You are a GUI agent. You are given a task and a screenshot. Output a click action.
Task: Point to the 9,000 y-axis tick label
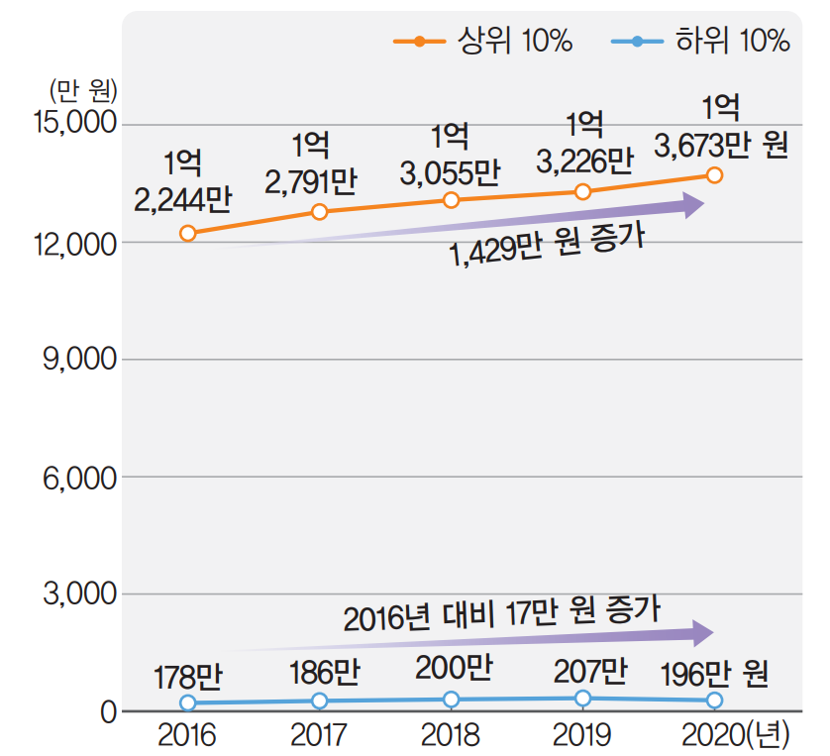coord(80,359)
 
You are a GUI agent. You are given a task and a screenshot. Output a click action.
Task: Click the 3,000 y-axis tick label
coord(80,594)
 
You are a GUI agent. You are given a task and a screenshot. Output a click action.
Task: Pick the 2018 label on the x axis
coord(451,736)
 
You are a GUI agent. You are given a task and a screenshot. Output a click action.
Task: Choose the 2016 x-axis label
coord(187,736)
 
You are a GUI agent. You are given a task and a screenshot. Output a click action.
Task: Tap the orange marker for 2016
coord(188,233)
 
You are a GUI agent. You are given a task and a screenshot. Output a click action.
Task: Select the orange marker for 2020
coord(714,175)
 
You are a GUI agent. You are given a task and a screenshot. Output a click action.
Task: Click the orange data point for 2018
coord(452,200)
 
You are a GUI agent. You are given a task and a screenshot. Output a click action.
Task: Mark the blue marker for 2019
coord(582,699)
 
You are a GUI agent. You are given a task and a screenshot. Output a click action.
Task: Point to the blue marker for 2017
coord(319,701)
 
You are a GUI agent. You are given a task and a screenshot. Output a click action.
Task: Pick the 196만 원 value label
coord(714,676)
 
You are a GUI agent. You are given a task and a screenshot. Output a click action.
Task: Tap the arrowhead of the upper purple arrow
coord(692,205)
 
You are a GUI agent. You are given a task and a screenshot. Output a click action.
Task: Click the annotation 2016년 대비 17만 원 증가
coord(502,612)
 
